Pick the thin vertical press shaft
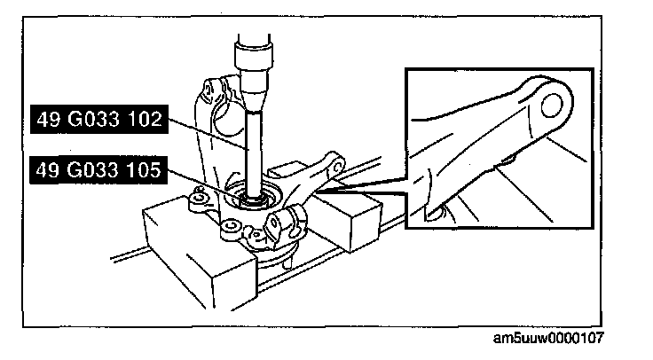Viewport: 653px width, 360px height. pyautogui.click(x=254, y=142)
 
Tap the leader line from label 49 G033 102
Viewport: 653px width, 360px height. pyautogui.click(x=208, y=133)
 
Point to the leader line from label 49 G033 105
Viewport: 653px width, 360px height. pyautogui.click(x=204, y=182)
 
